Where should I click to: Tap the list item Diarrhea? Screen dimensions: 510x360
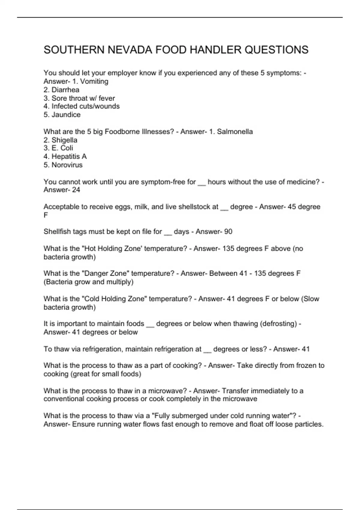(x=65, y=90)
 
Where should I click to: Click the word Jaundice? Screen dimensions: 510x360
(x=66, y=115)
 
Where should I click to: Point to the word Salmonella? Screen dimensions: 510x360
(x=235, y=131)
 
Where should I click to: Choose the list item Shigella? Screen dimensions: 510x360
(x=64, y=140)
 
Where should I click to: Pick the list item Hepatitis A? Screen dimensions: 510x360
(x=69, y=156)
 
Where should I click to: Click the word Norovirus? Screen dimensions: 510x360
(x=67, y=165)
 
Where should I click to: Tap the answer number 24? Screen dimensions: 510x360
(x=76, y=190)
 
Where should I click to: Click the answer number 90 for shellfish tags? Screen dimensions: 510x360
(x=228, y=232)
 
